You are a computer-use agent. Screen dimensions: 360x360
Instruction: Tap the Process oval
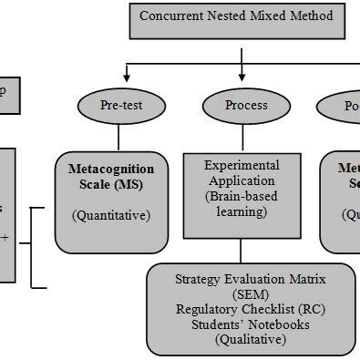coord(246,106)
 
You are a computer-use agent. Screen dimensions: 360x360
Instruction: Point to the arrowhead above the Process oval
coord(242,78)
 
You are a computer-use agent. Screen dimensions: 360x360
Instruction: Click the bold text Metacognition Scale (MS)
coord(111,177)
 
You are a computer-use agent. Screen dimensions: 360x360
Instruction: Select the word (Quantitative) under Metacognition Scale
coord(110,216)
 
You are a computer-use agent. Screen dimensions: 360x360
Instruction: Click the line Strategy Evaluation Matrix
coord(250,280)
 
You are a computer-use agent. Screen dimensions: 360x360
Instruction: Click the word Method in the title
coord(310,15)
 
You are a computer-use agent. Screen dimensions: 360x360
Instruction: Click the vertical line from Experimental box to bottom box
coord(242,251)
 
